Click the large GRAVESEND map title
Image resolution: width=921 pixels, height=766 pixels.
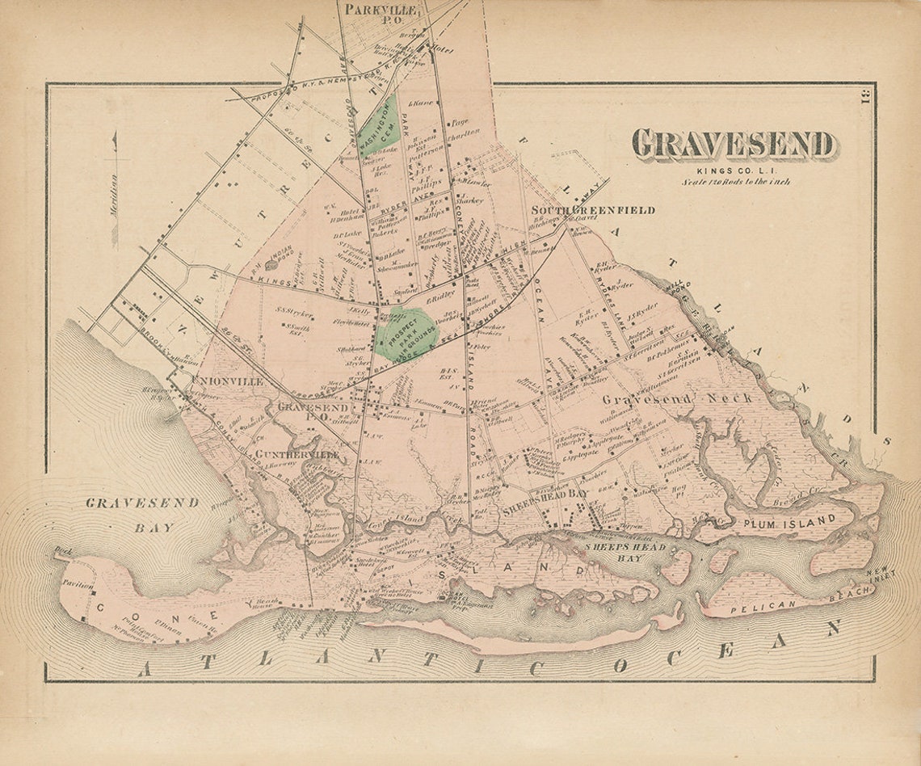(x=732, y=145)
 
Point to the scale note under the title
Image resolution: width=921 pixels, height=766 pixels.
(x=734, y=182)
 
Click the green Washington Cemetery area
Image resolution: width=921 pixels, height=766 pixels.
(x=377, y=128)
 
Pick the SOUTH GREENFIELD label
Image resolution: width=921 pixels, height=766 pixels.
(x=592, y=210)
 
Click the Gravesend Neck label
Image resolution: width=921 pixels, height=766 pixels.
(x=677, y=398)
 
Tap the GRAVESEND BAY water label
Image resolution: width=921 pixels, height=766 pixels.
(x=142, y=514)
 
